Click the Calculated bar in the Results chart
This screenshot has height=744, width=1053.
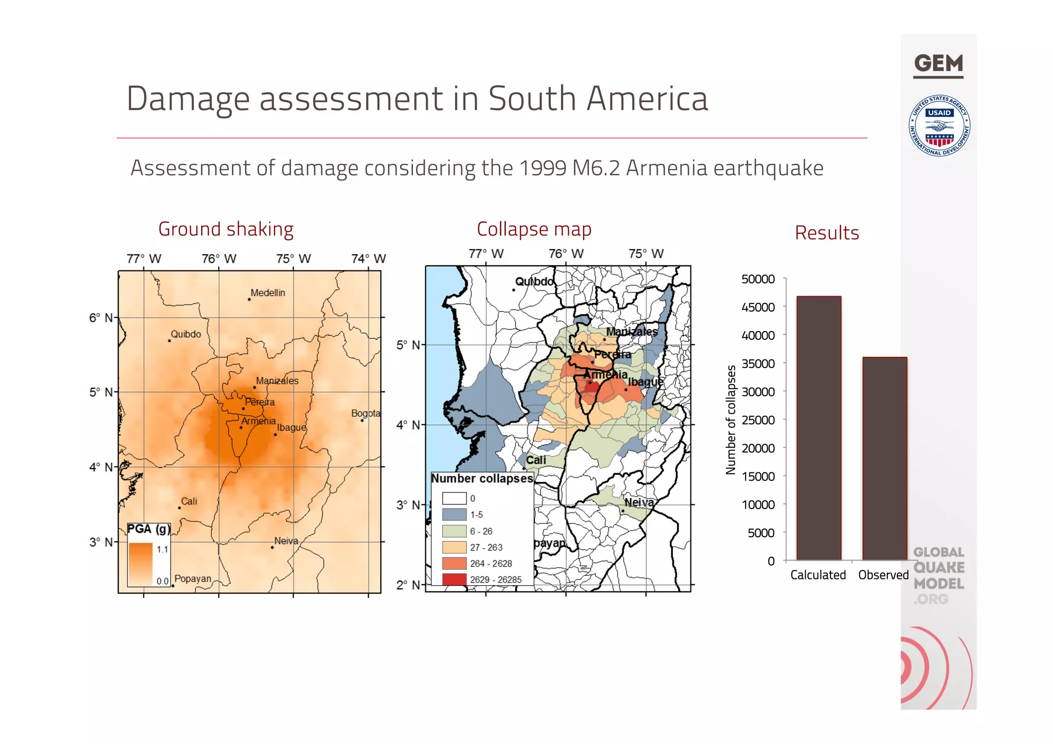[819, 428]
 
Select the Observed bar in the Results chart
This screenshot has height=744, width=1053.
[884, 459]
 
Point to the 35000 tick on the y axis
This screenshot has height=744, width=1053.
[758, 364]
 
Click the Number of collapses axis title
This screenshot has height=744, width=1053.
[731, 420]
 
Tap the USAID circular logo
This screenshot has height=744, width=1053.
[939, 125]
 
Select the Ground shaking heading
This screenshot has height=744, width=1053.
[226, 229]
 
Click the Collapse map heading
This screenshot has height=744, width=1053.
[534, 229]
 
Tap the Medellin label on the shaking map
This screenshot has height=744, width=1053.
[267, 293]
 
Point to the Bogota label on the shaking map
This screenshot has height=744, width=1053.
[366, 413]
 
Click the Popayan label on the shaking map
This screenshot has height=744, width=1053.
[193, 578]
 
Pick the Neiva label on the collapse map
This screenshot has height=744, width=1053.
[639, 502]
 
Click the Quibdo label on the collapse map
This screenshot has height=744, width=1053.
[534, 282]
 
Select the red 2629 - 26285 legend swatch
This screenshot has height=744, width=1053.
[454, 579]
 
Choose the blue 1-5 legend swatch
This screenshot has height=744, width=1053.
[454, 515]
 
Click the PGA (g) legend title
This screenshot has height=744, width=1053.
[149, 529]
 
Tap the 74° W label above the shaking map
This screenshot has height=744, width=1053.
[369, 259]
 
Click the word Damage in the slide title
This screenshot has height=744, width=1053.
[188, 99]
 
